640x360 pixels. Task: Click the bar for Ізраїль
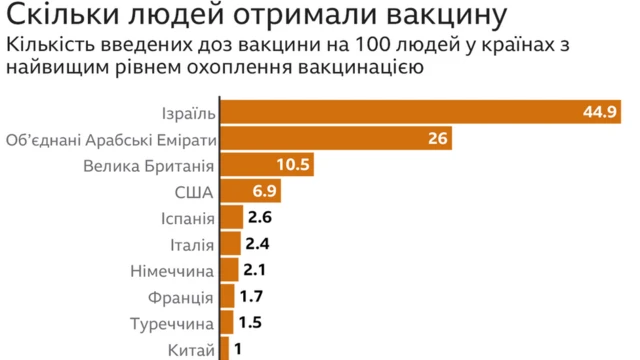coord(400,112)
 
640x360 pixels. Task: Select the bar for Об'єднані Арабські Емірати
coord(335,138)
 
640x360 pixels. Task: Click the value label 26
coord(437,138)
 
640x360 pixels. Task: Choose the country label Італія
coord(186,244)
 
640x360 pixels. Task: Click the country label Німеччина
coord(172,271)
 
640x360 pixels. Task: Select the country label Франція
coord(181,297)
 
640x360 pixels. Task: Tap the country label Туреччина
coord(172,323)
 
